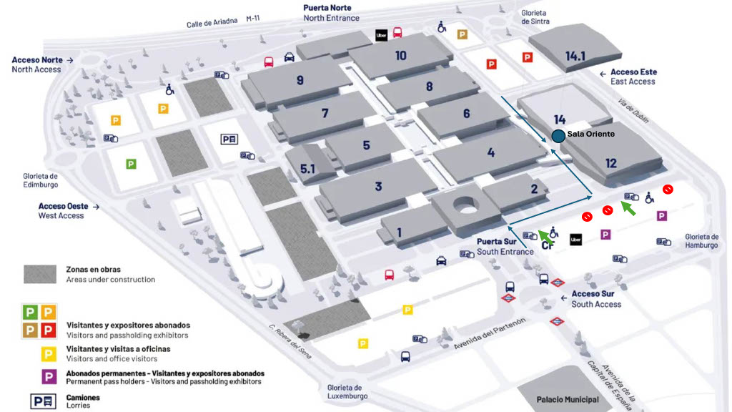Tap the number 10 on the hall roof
(400, 55)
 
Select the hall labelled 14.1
(575, 55)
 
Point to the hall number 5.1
(307, 169)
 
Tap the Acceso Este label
(633, 72)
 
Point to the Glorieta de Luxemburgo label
(347, 391)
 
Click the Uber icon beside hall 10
(382, 34)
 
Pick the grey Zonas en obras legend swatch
(40, 274)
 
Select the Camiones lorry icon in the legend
(43, 401)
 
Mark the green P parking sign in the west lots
(131, 164)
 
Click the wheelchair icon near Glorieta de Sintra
(442, 27)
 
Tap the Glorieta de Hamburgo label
(701, 241)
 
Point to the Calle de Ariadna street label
(212, 23)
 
